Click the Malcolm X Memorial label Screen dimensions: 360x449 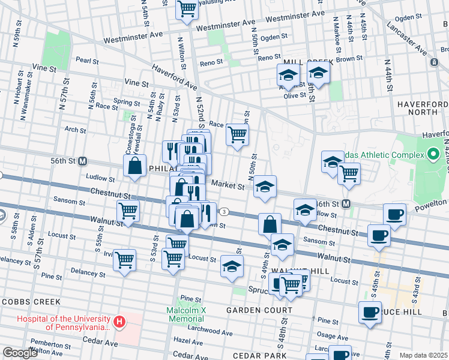[186, 314]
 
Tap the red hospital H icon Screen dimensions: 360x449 [119, 323]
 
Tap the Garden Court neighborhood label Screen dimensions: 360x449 [259, 310]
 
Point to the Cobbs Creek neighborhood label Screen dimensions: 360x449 [29, 301]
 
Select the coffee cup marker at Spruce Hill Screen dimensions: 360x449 [370, 312]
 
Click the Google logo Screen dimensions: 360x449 [20, 353]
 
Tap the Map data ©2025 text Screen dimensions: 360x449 [424, 355]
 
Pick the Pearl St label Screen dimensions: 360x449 [87, 61]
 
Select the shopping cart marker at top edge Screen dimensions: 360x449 [187, 8]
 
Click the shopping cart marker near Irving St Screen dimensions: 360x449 [124, 260]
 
